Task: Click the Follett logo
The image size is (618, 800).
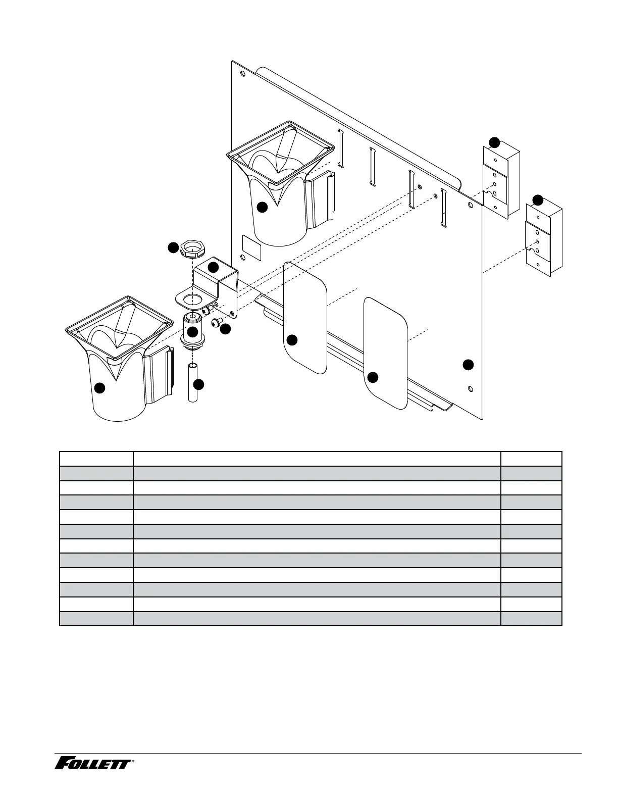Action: pos(93,763)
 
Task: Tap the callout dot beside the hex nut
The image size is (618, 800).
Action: pos(174,247)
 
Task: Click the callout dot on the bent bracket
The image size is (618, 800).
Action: pos(214,267)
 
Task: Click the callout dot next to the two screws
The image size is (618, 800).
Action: pos(225,329)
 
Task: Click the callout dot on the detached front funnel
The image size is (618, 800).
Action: pos(100,387)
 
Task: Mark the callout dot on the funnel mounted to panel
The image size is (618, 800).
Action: pos(262,207)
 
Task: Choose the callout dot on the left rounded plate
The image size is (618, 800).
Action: pos(292,340)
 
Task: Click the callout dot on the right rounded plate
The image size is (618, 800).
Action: pos(373,377)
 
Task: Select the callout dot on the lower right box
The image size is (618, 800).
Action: pos(538,199)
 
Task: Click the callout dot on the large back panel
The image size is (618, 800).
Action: pos(469,364)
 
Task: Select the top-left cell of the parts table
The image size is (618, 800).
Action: pos(96,459)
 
